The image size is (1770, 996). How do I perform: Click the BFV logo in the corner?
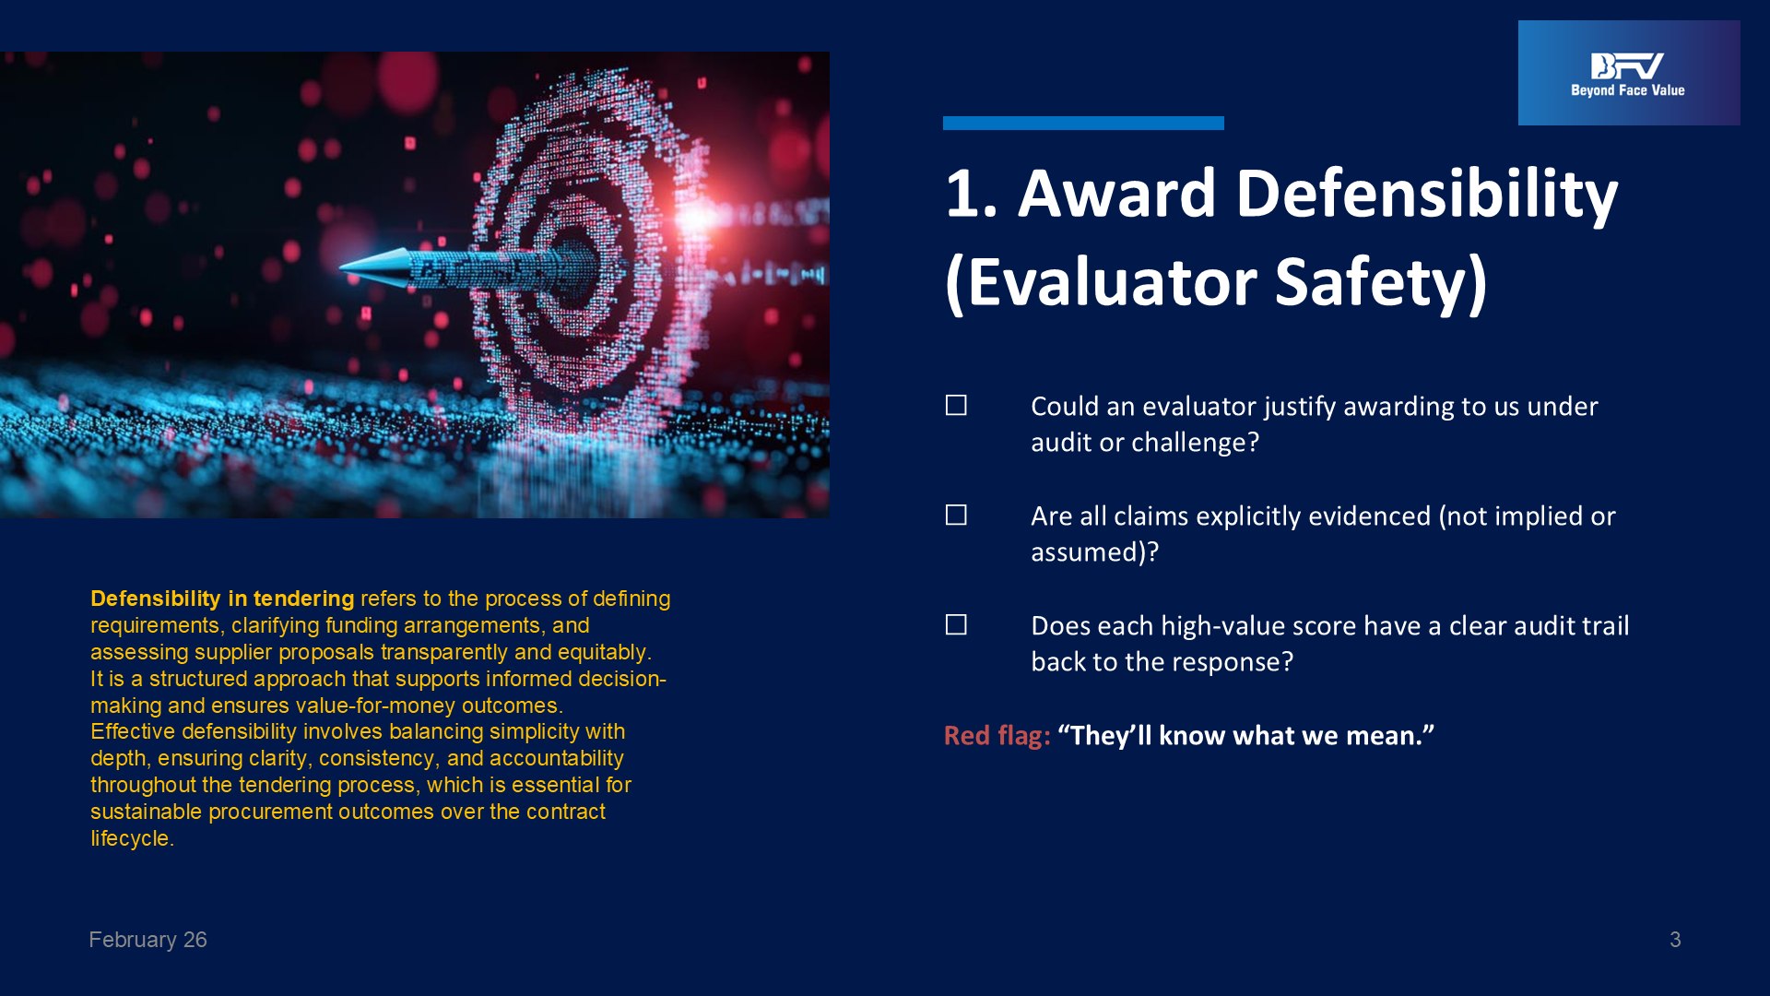[1628, 73]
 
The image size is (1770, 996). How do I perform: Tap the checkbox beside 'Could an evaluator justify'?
[956, 406]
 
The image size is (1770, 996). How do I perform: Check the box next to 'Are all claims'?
[956, 516]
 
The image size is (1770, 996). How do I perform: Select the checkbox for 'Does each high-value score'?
[956, 625]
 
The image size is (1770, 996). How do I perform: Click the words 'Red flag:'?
[997, 736]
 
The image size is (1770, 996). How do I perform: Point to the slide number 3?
[1675, 940]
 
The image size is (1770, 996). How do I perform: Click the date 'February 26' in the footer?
[147, 940]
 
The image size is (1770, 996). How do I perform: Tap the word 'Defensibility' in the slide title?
[1426, 194]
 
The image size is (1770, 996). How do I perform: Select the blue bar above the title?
[1083, 123]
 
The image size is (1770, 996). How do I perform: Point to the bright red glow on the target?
[696, 218]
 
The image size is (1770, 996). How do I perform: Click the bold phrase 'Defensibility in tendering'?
[222, 599]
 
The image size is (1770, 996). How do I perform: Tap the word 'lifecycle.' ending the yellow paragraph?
[133, 838]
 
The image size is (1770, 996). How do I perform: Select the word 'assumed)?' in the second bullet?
[1094, 552]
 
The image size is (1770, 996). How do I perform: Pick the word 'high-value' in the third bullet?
[1221, 626]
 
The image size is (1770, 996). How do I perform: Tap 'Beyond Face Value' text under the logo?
[1628, 90]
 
